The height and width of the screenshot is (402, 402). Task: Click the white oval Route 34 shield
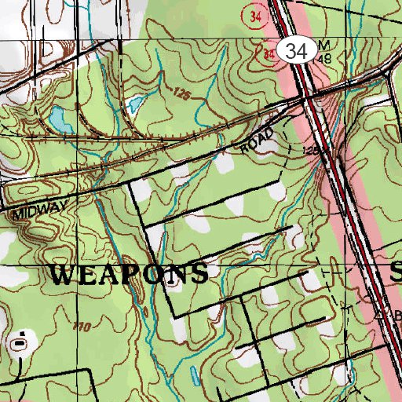[296, 52]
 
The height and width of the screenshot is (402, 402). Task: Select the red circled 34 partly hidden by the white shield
[269, 53]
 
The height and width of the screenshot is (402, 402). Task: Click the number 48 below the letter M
[323, 58]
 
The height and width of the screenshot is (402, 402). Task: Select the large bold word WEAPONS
[130, 274]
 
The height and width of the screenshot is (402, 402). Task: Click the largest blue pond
[59, 120]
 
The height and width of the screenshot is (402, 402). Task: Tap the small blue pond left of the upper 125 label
[135, 104]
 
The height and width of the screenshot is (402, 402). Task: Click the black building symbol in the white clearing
[20, 342]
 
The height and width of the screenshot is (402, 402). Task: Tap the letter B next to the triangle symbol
[397, 316]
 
